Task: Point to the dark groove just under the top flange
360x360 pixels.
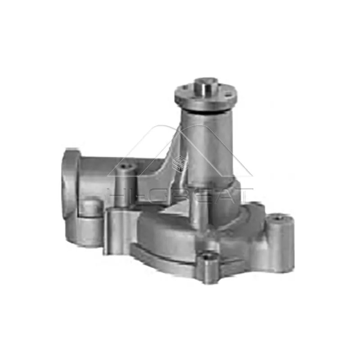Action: tap(205, 109)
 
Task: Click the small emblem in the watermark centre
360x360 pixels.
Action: tap(180, 162)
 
